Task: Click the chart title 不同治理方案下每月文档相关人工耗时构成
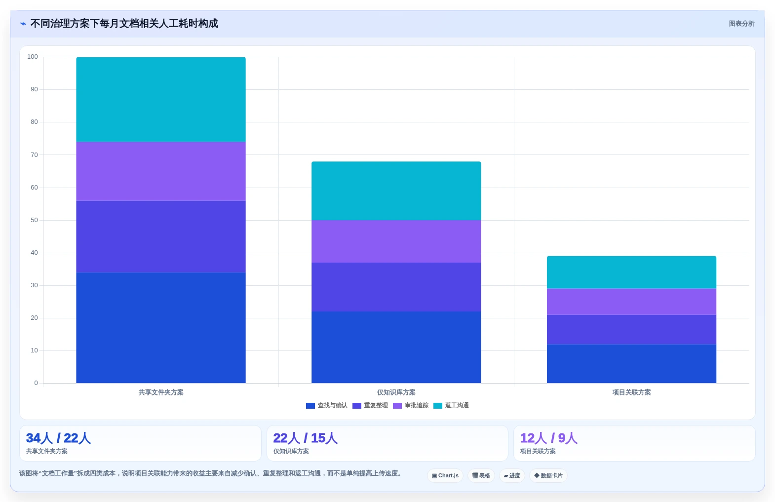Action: coord(124,24)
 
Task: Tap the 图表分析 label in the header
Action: coord(741,24)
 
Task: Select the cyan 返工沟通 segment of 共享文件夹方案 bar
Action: coord(161,99)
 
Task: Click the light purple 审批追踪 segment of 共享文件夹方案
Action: coord(161,171)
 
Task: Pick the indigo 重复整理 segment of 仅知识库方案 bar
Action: coord(396,287)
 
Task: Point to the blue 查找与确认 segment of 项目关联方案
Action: coord(631,363)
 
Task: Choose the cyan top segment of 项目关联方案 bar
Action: coord(631,272)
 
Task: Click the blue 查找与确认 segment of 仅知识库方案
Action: coord(396,347)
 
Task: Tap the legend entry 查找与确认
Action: coord(327,405)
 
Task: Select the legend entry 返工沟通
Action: coord(451,405)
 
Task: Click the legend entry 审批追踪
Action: coord(411,405)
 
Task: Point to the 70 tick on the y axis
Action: coord(34,154)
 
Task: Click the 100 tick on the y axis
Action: coord(33,57)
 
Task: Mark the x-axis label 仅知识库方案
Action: coord(396,392)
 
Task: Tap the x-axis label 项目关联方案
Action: coord(631,392)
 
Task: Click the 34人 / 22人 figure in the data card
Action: coord(58,438)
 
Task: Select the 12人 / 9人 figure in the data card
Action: coord(549,438)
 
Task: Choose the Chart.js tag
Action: coord(445,475)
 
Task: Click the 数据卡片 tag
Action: coord(548,475)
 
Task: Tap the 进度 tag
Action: coord(512,475)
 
